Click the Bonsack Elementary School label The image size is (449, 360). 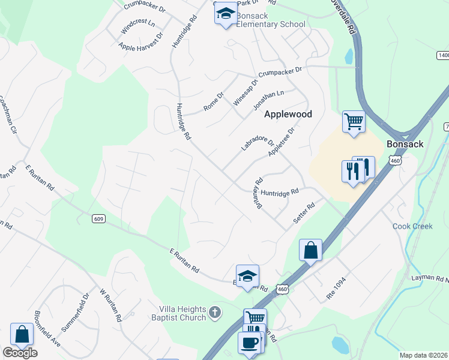click(x=270, y=20)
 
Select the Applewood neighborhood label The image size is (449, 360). click(x=288, y=114)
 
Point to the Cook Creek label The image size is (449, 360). click(x=412, y=226)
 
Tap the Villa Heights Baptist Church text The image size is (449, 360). click(x=182, y=313)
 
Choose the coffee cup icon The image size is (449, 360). click(x=249, y=343)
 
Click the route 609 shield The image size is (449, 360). click(x=99, y=218)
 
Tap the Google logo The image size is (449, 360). click(x=20, y=353)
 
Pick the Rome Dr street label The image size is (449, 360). click(x=213, y=101)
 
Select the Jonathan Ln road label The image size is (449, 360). click(x=268, y=99)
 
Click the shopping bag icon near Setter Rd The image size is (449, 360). click(x=310, y=250)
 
